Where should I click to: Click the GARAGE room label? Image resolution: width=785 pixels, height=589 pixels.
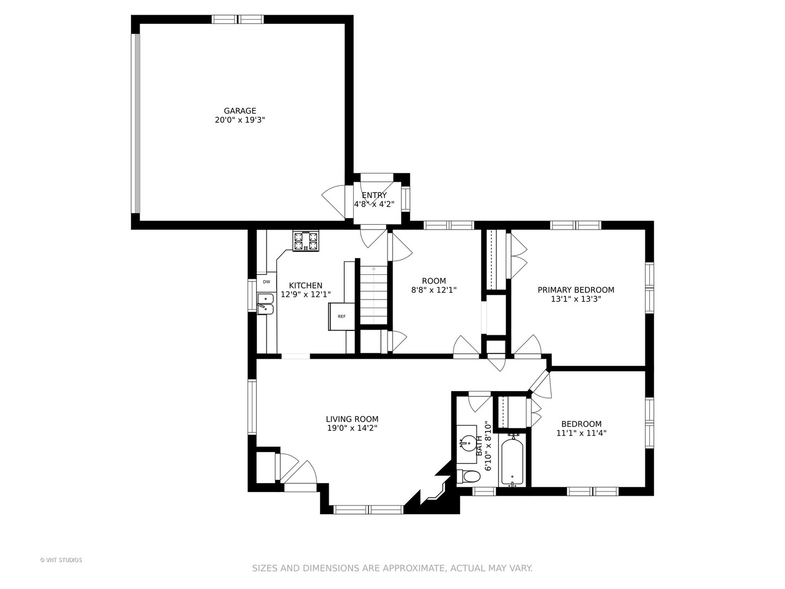(x=240, y=111)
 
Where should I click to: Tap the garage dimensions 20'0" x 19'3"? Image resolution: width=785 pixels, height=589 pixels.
(x=240, y=120)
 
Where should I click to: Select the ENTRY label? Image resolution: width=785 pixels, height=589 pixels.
(x=374, y=195)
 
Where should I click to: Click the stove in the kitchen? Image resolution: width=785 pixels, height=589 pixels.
(x=306, y=241)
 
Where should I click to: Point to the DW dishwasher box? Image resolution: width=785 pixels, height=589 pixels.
(x=267, y=282)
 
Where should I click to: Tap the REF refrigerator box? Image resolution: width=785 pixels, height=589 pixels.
(x=342, y=316)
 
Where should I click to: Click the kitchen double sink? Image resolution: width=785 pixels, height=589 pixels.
(x=265, y=304)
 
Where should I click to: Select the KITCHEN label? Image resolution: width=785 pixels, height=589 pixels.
(x=305, y=285)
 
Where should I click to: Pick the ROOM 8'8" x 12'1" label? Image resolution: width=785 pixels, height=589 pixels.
(x=434, y=285)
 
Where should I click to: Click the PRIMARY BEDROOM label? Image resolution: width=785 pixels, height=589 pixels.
(x=576, y=290)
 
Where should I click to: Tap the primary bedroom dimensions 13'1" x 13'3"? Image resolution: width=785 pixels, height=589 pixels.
(x=576, y=299)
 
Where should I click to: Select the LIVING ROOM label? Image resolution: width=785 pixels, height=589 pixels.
(x=352, y=419)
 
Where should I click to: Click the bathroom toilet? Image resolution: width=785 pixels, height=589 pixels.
(x=468, y=476)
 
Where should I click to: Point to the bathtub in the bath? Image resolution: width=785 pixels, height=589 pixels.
(x=512, y=461)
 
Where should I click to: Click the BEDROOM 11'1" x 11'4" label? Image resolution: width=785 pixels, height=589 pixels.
(x=581, y=429)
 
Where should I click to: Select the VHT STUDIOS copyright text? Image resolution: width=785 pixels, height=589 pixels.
(x=61, y=560)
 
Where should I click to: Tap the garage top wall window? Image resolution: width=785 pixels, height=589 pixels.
(x=238, y=19)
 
